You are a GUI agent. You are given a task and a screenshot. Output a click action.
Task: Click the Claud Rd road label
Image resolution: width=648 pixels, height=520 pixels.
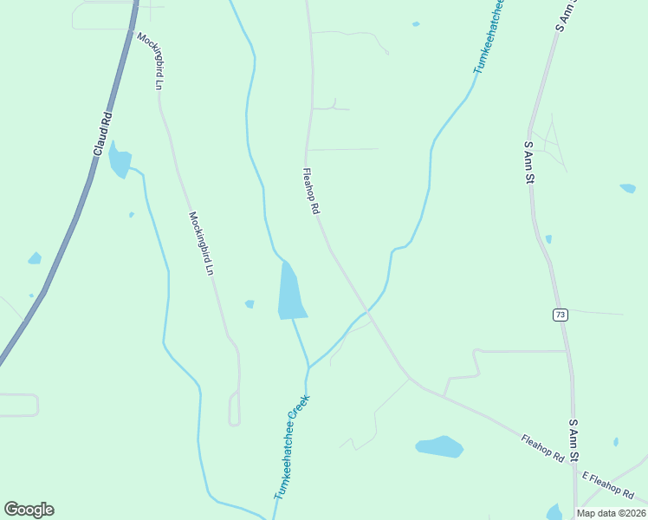(x=102, y=133)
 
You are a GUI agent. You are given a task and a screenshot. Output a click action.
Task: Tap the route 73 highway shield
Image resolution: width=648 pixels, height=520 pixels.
(x=561, y=314)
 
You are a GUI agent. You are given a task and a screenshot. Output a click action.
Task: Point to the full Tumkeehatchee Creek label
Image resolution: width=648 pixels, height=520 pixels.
(x=292, y=447)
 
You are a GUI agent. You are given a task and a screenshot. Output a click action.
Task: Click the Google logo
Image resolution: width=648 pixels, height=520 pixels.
(x=29, y=510)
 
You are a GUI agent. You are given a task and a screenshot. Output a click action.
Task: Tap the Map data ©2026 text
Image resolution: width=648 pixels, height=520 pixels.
(x=610, y=513)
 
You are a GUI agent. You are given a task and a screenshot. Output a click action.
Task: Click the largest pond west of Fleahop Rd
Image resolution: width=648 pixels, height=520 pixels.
(x=290, y=290)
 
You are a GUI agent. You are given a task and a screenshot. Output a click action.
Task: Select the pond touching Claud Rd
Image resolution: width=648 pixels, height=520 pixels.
(x=119, y=160)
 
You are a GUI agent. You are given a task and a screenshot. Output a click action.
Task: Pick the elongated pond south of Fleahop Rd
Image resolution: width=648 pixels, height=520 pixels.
(x=439, y=446)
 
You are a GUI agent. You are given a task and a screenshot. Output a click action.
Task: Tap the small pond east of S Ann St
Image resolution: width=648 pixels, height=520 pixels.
(x=627, y=188)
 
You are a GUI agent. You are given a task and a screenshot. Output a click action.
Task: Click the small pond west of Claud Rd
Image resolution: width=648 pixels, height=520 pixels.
(x=35, y=258)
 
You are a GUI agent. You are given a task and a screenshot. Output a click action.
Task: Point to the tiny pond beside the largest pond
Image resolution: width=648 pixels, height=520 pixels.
(x=249, y=304)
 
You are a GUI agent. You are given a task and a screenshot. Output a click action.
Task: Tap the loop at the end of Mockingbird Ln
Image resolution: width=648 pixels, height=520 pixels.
(x=234, y=408)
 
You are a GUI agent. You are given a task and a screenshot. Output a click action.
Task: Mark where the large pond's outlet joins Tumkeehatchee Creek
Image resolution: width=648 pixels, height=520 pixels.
(x=308, y=367)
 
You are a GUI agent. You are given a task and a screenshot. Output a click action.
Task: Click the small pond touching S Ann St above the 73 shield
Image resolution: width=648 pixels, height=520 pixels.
(x=548, y=238)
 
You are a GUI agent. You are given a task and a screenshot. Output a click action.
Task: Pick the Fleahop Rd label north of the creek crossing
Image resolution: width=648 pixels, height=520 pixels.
(x=311, y=192)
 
